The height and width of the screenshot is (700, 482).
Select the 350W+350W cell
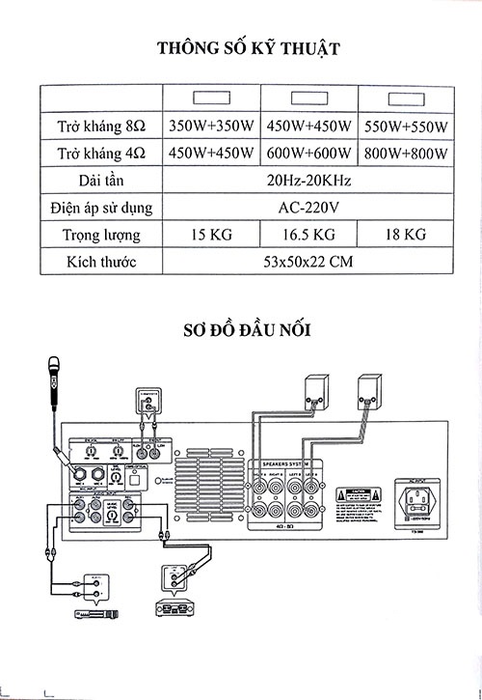coord(211,126)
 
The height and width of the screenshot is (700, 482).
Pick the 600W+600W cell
coord(308,153)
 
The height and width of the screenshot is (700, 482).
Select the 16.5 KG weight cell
coord(308,235)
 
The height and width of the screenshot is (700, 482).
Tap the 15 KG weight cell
coord(211,235)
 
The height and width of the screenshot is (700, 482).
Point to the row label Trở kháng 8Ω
coord(100,126)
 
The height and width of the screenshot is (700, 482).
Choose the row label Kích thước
coord(100,262)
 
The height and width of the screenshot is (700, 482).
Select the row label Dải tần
coord(100,180)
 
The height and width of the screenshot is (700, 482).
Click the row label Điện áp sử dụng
coord(100,207)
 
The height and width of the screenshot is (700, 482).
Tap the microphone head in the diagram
coord(52,367)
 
